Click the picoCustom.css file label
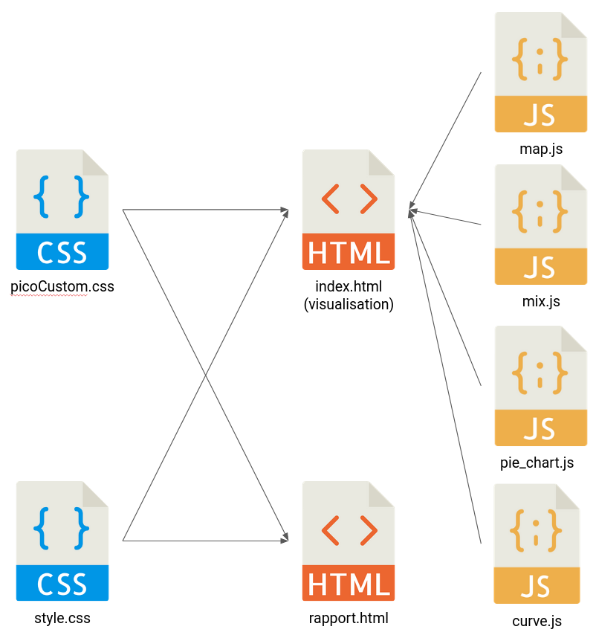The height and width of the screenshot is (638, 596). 62,286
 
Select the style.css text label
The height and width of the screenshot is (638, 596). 62,617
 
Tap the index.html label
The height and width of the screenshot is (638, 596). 349,287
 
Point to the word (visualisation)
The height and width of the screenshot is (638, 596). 349,303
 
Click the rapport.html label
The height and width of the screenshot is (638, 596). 349,617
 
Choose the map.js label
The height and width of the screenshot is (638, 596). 541,149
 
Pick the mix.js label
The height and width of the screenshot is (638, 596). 541,301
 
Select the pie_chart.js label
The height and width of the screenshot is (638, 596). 537,463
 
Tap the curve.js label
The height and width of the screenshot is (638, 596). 537,621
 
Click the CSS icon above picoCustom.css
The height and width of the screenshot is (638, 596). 62,210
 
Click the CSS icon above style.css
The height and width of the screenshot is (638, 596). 62,541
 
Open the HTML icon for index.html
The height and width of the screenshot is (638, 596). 349,210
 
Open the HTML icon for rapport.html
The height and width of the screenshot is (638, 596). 349,541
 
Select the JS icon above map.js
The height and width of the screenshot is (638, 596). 541,72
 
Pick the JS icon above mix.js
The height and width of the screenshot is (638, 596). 541,225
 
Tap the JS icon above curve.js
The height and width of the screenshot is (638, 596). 537,544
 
